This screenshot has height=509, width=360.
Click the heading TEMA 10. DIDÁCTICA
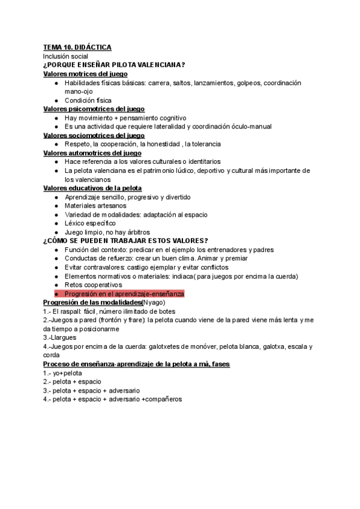[x=77, y=47]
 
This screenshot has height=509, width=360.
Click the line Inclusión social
[x=65, y=56]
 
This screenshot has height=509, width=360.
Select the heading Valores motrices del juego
[x=89, y=74]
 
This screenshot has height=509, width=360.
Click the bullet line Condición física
[x=88, y=100]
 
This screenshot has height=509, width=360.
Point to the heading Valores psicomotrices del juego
[x=98, y=109]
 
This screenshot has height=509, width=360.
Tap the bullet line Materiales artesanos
[x=95, y=206]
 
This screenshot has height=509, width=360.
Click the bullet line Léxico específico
[x=90, y=223]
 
